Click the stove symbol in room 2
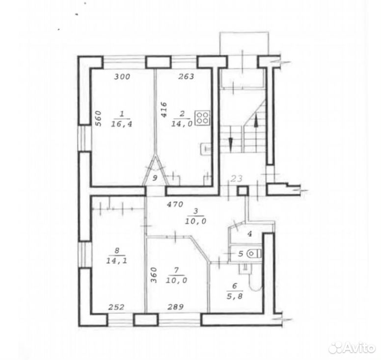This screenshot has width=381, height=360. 203,118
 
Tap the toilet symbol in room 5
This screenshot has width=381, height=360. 253,254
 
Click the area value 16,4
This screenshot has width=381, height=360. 121,124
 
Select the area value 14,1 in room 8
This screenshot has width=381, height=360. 117,261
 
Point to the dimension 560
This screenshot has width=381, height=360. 98,119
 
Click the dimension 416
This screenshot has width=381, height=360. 164,110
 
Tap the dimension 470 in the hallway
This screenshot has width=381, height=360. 175,205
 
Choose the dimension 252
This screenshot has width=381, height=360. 116,307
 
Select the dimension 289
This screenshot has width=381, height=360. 175,307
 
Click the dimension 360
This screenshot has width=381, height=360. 154,275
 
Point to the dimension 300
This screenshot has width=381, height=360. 122,77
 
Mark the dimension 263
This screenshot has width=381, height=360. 187,77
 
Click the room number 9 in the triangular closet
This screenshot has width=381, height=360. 155,178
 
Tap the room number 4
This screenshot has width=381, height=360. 249,234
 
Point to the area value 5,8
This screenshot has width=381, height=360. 235,296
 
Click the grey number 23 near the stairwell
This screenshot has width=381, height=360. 237,179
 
